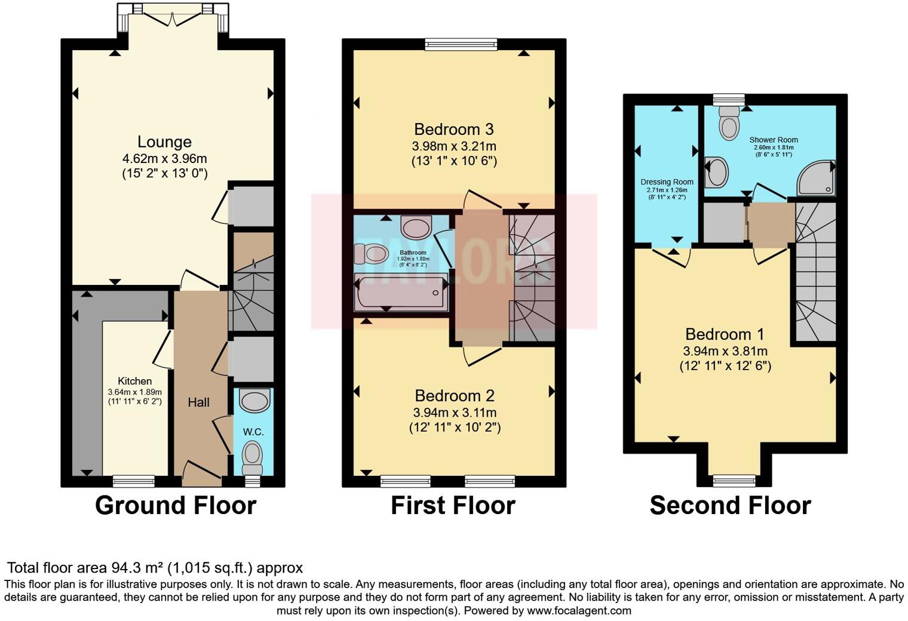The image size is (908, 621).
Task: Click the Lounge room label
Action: pyautogui.click(x=164, y=142)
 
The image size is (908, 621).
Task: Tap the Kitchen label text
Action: pyautogui.click(x=134, y=381)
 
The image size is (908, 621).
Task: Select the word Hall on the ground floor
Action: pyautogui.click(x=198, y=402)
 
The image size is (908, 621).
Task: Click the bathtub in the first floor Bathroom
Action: pyautogui.click(x=401, y=293)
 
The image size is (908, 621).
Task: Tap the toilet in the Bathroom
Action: pyautogui.click(x=372, y=254)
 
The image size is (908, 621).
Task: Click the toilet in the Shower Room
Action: pyautogui.click(x=729, y=122)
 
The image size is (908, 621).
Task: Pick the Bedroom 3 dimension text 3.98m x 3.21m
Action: pyautogui.click(x=454, y=146)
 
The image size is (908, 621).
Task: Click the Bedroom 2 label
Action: pyautogui.click(x=455, y=396)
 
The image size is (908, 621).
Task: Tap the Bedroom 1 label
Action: pyautogui.click(x=725, y=334)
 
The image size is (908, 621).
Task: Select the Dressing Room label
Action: pyautogui.click(x=667, y=182)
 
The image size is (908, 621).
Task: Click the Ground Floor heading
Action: pyautogui.click(x=176, y=506)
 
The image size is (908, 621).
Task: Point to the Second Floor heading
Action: pyautogui.click(x=730, y=506)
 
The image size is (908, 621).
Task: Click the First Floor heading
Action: pyautogui.click(x=453, y=506)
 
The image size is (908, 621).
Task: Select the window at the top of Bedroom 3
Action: pyautogui.click(x=461, y=43)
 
